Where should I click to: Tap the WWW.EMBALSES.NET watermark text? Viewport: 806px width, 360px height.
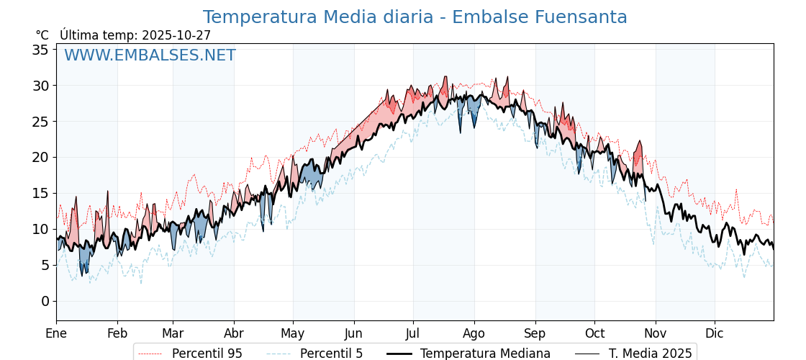(x=150, y=55)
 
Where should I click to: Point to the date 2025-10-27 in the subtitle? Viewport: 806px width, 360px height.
(x=176, y=35)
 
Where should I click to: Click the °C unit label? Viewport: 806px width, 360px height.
(x=42, y=35)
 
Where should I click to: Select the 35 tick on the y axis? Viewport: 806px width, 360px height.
(x=40, y=50)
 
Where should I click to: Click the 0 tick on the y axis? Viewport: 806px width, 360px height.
(x=45, y=301)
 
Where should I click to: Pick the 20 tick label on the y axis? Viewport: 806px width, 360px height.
(x=40, y=157)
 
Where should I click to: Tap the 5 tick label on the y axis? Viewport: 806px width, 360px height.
(x=45, y=265)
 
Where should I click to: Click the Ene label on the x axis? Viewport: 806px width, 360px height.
(x=56, y=333)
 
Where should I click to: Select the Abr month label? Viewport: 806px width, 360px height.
(x=234, y=333)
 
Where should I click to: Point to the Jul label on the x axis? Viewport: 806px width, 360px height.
(x=413, y=333)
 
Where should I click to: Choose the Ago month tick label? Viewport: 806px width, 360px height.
(x=474, y=333)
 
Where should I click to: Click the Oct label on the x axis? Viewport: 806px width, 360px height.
(x=594, y=333)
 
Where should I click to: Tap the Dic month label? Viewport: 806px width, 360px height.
(x=715, y=333)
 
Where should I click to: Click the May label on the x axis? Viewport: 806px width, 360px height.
(x=293, y=333)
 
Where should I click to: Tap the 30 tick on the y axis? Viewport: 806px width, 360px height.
(x=40, y=86)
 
